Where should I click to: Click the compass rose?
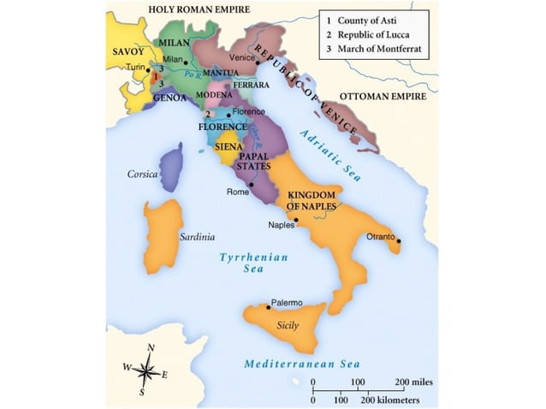pyautogui.click(x=146, y=370)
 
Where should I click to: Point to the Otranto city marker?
pyautogui.click(x=398, y=241)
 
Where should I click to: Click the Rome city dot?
pyautogui.click(x=251, y=185)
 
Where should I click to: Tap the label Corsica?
pyautogui.click(x=143, y=174)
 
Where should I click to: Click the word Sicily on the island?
pyautogui.click(x=288, y=326)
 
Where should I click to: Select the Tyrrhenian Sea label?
pyautogui.click(x=253, y=262)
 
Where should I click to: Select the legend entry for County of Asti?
pyautogui.click(x=371, y=18)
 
